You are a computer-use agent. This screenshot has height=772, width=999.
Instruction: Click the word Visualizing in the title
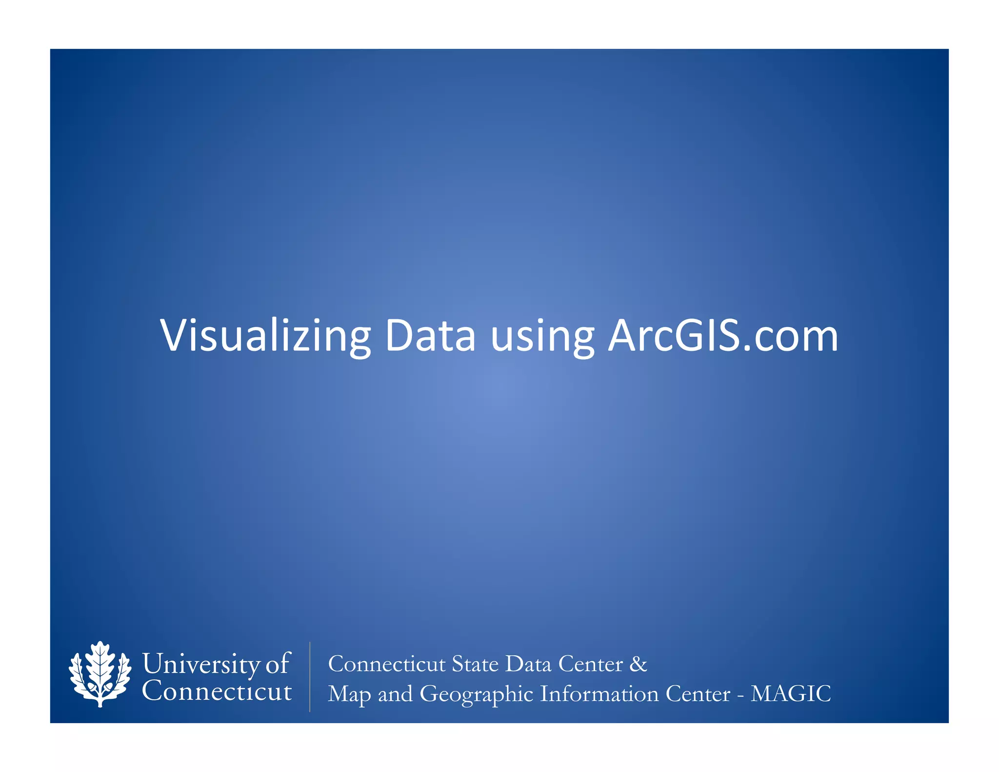coord(265,336)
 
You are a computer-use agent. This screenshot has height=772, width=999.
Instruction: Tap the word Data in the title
coord(430,336)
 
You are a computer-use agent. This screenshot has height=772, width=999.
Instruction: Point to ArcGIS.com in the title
coord(722,336)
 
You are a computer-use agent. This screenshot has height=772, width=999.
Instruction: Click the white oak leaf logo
coord(100,674)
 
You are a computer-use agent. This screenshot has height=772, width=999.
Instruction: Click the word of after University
coord(277,664)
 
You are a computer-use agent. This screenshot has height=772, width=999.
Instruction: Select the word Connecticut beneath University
coord(217,691)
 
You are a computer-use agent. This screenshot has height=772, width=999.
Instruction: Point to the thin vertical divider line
coord(310,677)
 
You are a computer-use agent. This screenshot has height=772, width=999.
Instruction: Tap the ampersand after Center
coord(639,664)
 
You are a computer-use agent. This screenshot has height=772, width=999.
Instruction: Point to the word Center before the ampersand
coord(590,664)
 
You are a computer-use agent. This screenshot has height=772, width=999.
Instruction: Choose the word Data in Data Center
coord(528,664)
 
